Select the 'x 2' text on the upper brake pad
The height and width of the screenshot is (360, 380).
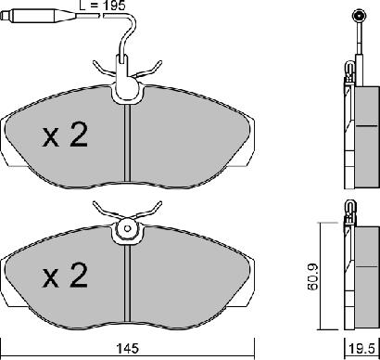click(x=65, y=136)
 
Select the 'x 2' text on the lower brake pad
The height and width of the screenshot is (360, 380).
click(x=65, y=275)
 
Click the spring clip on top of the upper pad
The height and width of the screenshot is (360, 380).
click(x=124, y=71)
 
